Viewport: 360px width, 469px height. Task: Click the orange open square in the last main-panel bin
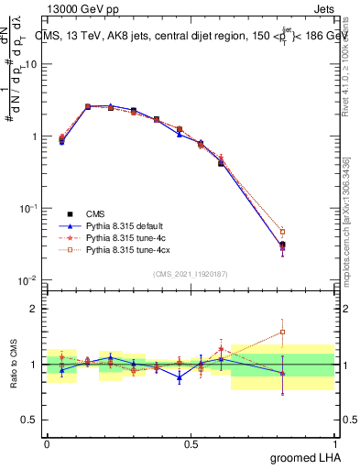[x=282, y=232]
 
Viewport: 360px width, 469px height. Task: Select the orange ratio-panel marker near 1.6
[x=282, y=332]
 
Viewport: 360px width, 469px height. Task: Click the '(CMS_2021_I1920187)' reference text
[x=191, y=273]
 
